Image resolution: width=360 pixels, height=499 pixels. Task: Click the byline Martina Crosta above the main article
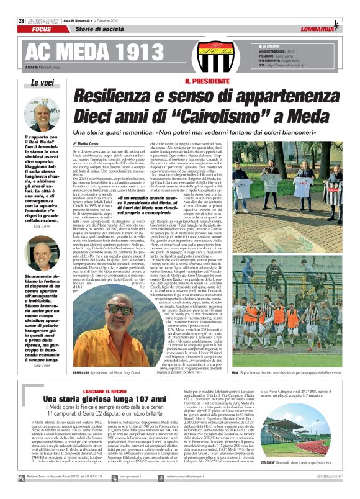click(x=91, y=143)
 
